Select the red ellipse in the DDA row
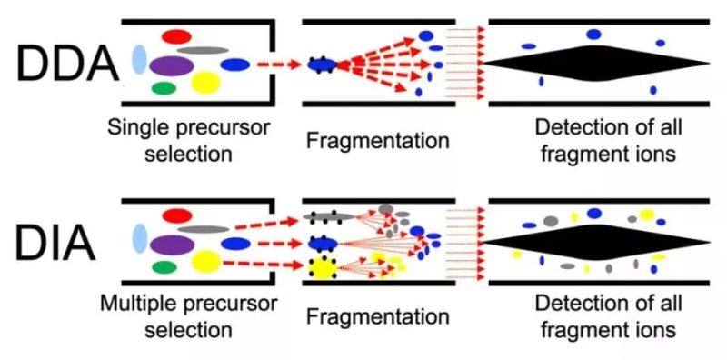[x=176, y=35]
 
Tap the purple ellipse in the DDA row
[x=171, y=65]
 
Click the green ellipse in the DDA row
[x=164, y=89]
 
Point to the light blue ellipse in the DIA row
[x=139, y=239]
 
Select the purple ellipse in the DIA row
[x=171, y=245]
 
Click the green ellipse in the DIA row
[x=164, y=267]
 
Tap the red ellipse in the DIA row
[x=176, y=215]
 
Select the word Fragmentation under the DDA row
[x=377, y=141]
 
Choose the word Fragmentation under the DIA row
[x=377, y=317]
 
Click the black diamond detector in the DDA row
[x=596, y=64]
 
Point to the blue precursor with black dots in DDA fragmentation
[x=322, y=65]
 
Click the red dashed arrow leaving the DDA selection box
[x=278, y=65]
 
